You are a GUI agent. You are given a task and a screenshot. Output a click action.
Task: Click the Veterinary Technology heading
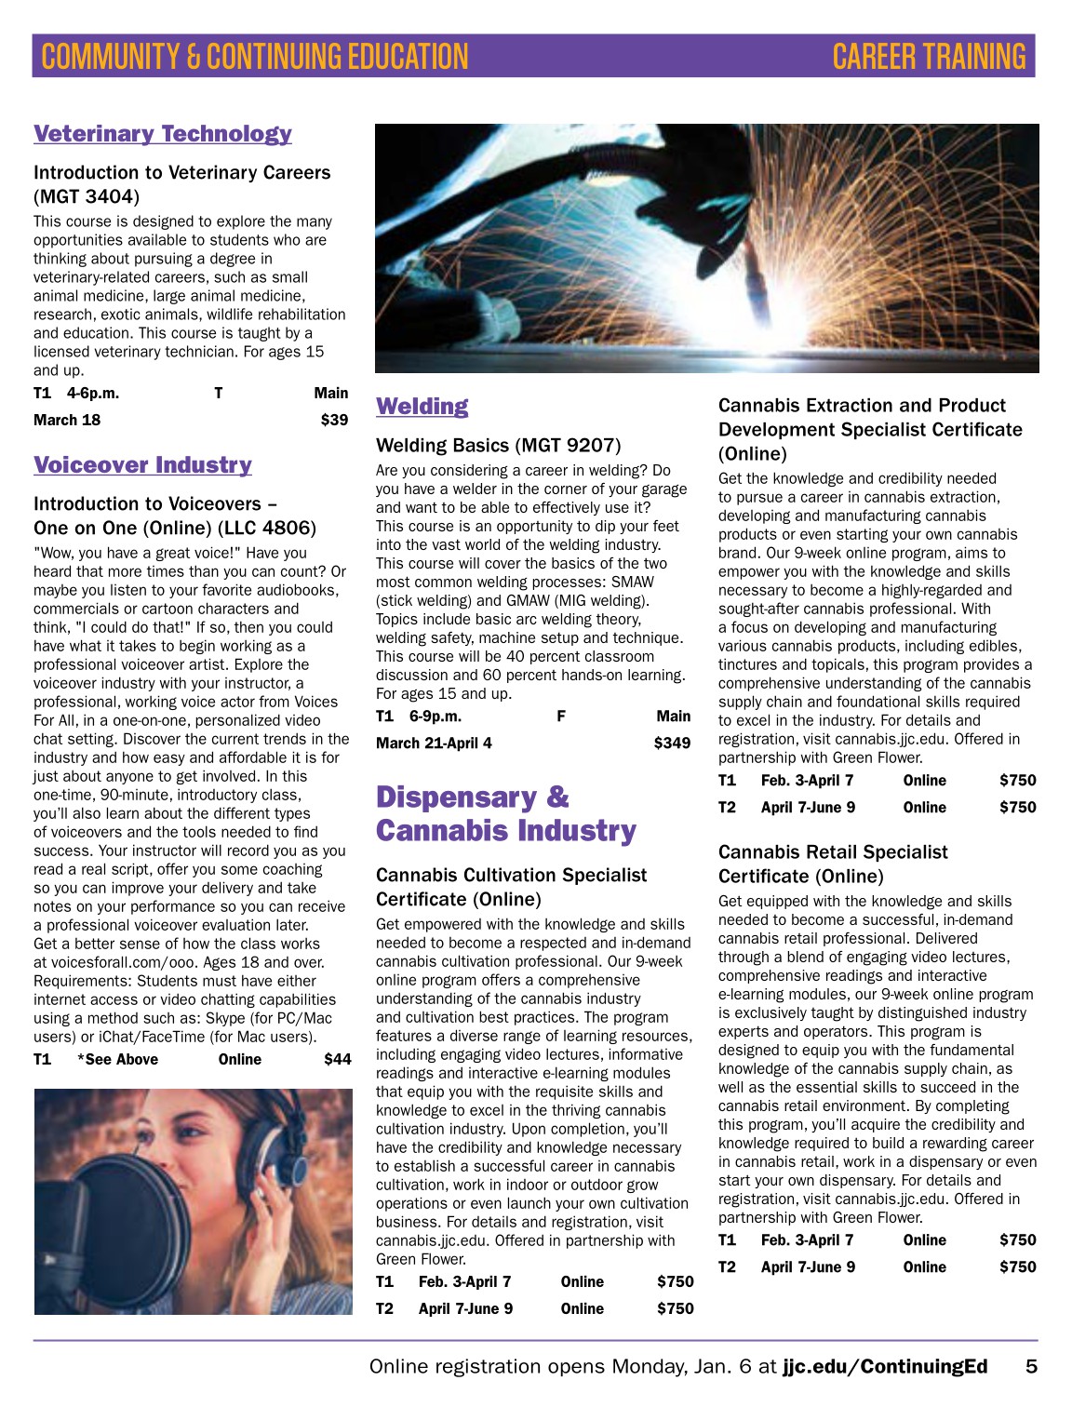click(x=163, y=134)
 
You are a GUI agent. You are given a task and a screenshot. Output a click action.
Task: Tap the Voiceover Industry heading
click(x=142, y=465)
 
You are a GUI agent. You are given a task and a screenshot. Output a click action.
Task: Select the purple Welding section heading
click(x=422, y=407)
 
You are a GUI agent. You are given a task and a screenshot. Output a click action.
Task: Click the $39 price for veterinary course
click(x=334, y=420)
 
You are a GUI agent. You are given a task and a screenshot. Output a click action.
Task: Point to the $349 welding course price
click(x=672, y=743)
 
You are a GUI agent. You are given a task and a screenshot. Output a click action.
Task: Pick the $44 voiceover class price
click(x=337, y=1059)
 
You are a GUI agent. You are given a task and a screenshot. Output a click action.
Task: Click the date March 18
click(x=67, y=420)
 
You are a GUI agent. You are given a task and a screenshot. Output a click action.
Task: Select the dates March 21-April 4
click(x=434, y=743)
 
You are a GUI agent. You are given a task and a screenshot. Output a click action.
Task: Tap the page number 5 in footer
click(x=1031, y=1366)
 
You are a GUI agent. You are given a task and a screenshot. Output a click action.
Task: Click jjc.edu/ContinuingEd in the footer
click(x=884, y=1366)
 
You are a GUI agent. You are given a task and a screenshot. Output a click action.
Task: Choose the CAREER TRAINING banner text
click(x=929, y=57)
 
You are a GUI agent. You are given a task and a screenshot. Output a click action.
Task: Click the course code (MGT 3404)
click(x=87, y=196)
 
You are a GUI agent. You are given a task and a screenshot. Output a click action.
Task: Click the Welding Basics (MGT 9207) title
click(x=498, y=446)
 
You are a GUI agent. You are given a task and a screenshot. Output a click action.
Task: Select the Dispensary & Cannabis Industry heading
click(x=505, y=813)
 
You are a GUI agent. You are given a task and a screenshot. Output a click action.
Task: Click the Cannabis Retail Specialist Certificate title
click(x=832, y=864)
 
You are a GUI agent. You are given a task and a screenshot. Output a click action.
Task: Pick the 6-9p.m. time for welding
click(x=435, y=716)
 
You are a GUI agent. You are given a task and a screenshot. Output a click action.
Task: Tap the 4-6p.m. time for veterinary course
click(x=93, y=393)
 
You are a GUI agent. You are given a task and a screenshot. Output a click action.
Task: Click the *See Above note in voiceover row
click(x=118, y=1059)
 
